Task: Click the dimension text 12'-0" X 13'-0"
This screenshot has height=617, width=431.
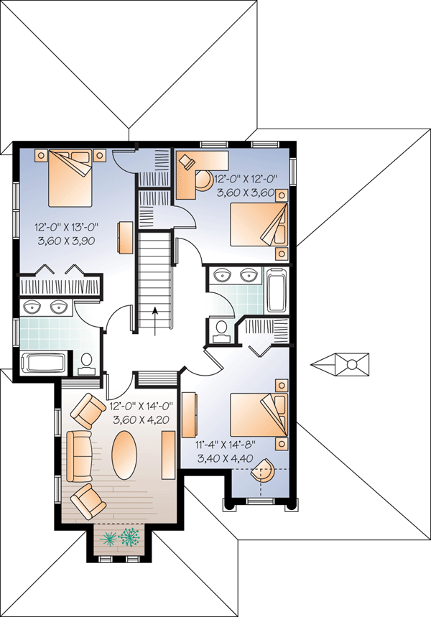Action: coord(66,227)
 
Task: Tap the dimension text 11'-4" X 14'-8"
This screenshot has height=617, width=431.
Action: coord(226,445)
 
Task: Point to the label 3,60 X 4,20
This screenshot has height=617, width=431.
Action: coord(141,420)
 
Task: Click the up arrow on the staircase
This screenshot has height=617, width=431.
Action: coord(155,322)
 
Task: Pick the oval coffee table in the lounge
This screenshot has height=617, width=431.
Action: coord(125,455)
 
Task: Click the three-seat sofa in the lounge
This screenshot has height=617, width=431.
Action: coord(79,456)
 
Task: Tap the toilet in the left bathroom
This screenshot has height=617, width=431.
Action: coord(86,363)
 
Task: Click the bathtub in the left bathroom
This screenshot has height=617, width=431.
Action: coord(43,363)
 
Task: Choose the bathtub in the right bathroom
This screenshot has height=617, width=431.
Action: coord(277,290)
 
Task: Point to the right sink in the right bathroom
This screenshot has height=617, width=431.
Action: coord(249,275)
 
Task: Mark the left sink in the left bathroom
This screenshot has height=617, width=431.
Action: coord(31,307)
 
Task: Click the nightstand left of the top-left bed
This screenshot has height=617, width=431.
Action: coord(40,155)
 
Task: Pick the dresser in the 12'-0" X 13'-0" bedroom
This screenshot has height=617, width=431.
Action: coord(125,237)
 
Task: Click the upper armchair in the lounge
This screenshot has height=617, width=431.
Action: coord(88,411)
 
